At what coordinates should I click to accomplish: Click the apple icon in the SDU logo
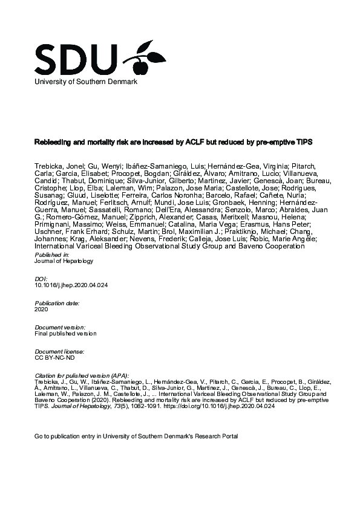[146, 56]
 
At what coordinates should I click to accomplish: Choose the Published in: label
[51, 256]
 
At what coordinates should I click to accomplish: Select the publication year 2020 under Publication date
[42, 308]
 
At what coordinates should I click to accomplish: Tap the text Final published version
[65, 333]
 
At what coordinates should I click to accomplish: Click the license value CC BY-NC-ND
[55, 357]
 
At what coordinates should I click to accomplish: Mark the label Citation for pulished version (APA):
[82, 375]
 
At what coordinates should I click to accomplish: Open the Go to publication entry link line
[136, 436]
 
